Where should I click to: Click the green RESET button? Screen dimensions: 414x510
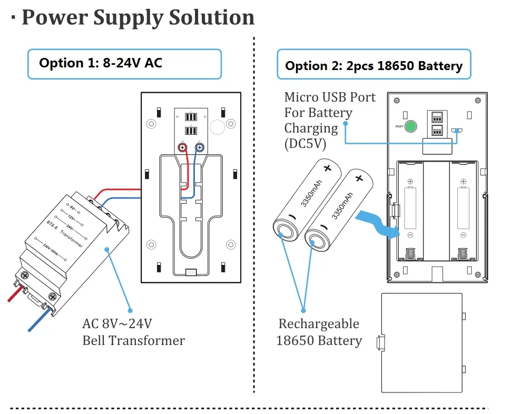click(410, 126)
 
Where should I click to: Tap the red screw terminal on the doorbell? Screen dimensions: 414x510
click(183, 148)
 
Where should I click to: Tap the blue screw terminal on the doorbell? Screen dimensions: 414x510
click(200, 148)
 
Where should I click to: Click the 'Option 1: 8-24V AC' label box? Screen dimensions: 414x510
click(124, 64)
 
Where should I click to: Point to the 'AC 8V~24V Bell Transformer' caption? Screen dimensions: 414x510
click(133, 332)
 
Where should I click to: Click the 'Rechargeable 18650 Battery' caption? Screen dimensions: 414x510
click(319, 332)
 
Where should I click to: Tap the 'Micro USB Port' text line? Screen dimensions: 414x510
click(330, 97)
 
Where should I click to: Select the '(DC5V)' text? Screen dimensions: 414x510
click(305, 144)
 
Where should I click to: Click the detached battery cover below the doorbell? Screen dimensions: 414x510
click(422, 343)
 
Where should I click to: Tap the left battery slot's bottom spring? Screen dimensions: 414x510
click(410, 253)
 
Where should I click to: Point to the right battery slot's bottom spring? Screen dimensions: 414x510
click(463, 253)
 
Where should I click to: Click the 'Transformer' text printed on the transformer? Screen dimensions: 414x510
click(72, 238)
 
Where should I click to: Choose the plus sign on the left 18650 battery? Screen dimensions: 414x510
click(327, 169)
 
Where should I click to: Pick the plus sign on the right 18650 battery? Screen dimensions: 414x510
click(359, 178)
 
